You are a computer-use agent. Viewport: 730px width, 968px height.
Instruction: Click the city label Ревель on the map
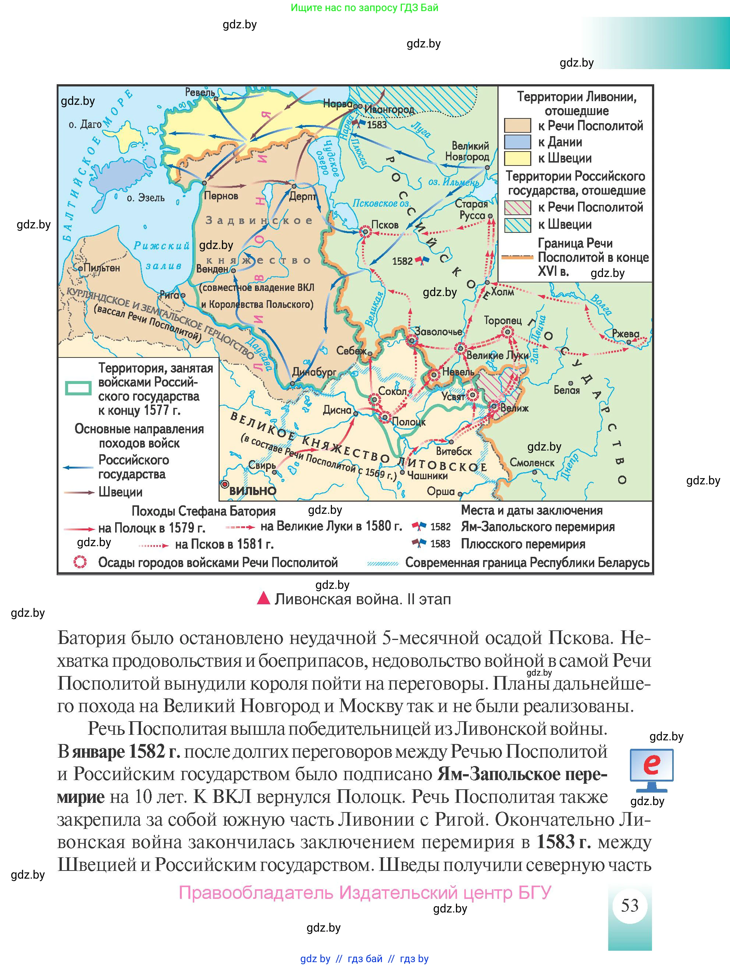(x=200, y=92)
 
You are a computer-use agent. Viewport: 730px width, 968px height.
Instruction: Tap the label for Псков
(x=385, y=225)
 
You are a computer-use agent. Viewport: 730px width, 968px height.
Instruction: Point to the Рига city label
(x=170, y=295)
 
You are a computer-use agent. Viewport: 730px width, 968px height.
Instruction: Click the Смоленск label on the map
(x=532, y=463)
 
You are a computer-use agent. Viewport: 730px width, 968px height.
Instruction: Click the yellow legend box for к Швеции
(x=517, y=159)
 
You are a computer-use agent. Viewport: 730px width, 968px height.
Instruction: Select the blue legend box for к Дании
(x=517, y=142)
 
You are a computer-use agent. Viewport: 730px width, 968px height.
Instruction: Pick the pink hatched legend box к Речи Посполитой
(x=517, y=207)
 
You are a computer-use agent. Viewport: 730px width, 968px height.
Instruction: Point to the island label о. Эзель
(x=145, y=198)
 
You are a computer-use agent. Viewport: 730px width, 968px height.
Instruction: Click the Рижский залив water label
(x=162, y=256)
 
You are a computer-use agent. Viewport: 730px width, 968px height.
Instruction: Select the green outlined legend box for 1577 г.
(x=78, y=388)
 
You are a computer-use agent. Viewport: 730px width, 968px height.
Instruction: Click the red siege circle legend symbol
(x=80, y=562)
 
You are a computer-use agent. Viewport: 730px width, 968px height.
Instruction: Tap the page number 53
(x=629, y=905)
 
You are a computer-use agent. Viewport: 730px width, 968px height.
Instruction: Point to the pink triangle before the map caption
(x=263, y=598)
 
